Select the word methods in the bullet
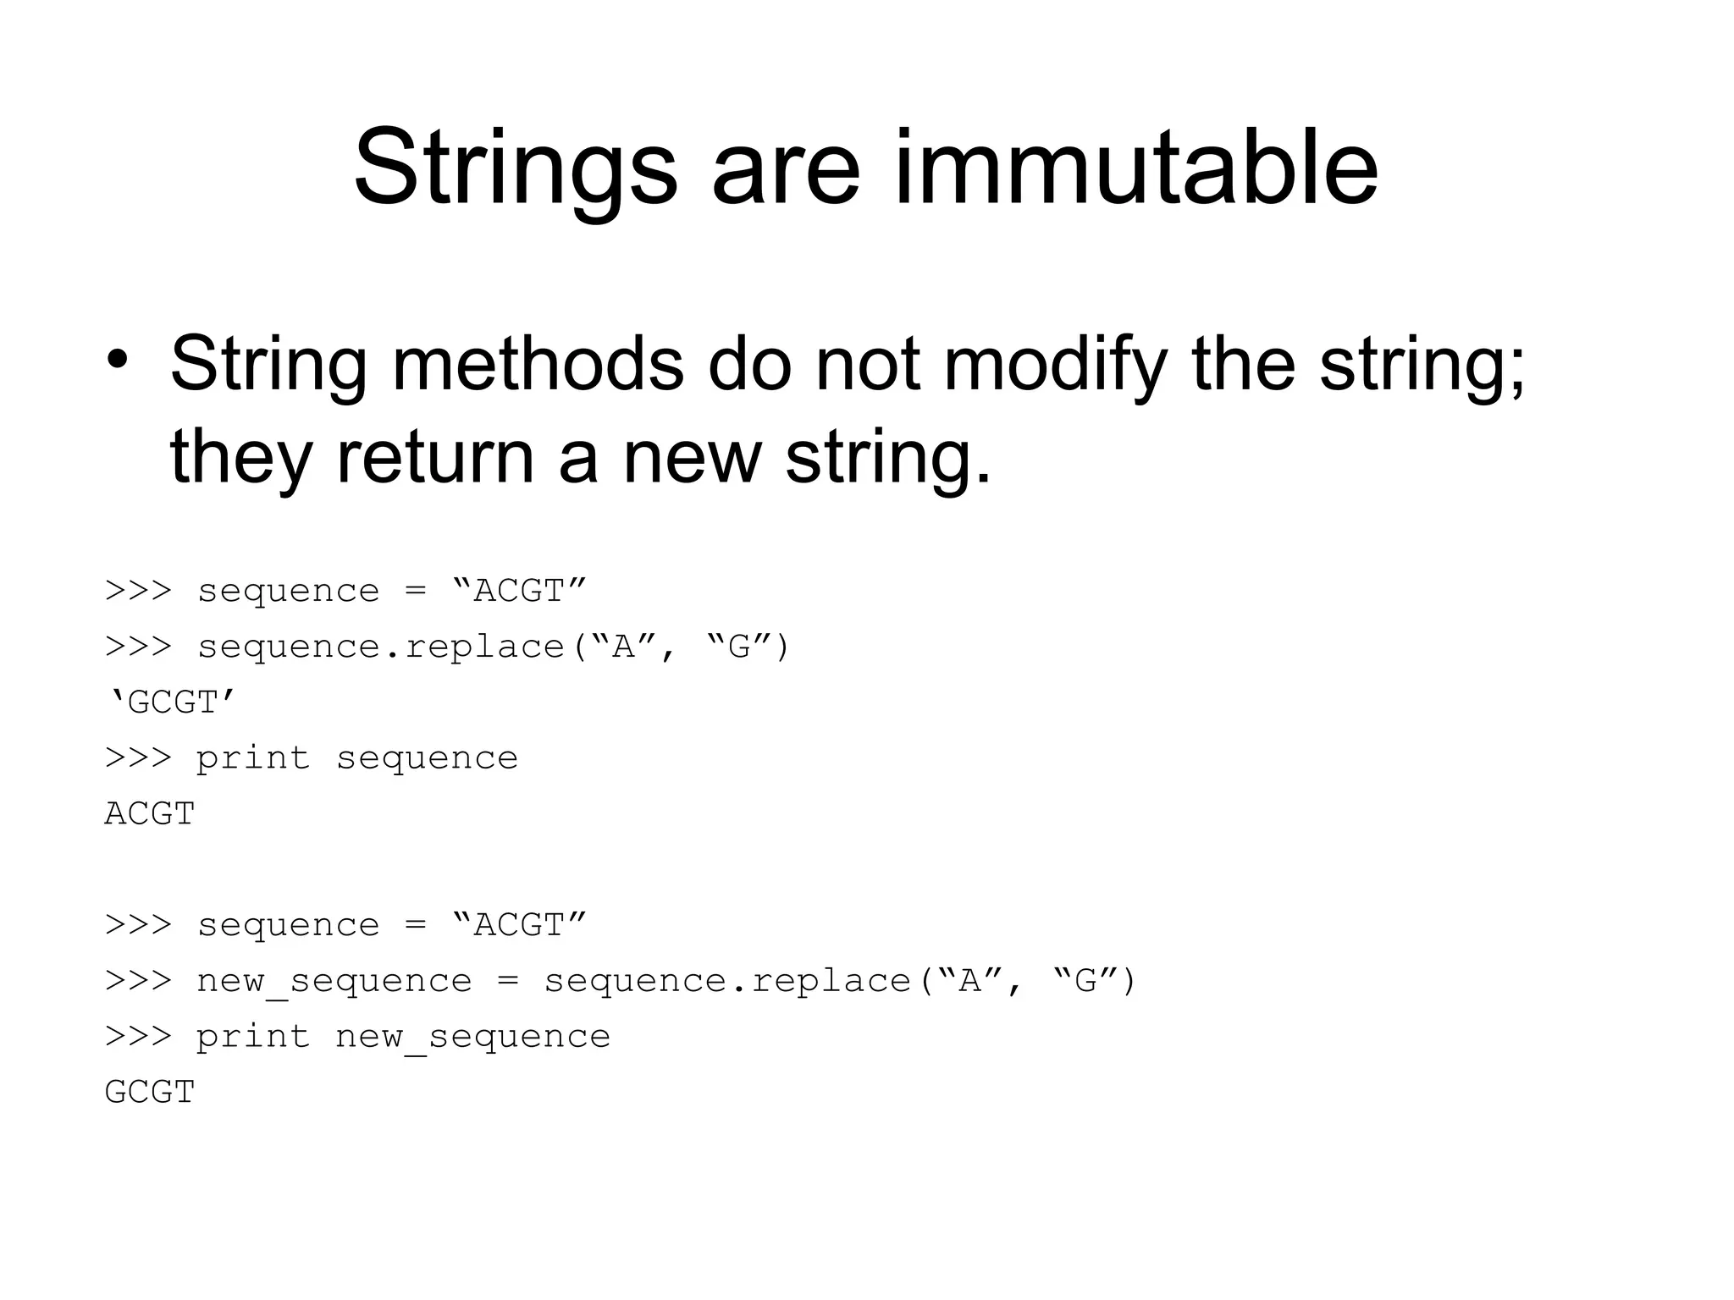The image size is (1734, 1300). point(538,364)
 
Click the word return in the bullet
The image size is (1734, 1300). point(435,457)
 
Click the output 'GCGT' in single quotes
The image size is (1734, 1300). point(172,702)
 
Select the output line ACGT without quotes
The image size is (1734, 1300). point(150,814)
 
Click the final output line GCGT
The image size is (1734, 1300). point(150,1093)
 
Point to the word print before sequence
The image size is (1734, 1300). point(253,758)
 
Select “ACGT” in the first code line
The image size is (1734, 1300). point(519,591)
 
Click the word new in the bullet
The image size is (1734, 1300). point(692,457)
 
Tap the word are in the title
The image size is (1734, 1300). point(786,169)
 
